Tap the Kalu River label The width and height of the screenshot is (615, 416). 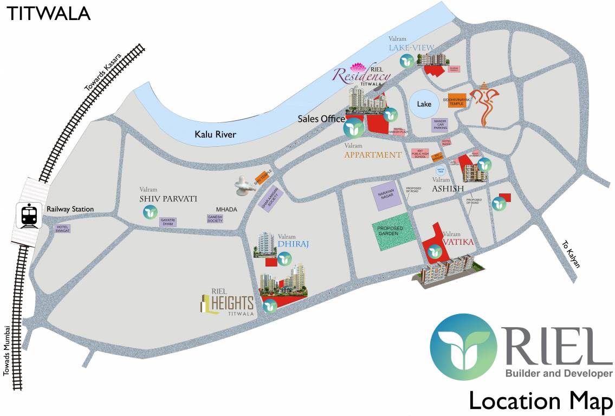(x=215, y=134)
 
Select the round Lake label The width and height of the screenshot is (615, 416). (x=424, y=104)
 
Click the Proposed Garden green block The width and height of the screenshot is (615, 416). (x=393, y=236)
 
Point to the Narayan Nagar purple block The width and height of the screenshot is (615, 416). (x=386, y=195)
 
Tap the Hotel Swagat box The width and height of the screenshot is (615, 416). (x=63, y=229)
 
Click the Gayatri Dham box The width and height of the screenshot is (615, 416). (x=167, y=222)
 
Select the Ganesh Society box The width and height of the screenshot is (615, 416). (x=215, y=219)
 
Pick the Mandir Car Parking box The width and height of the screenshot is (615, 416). (x=440, y=125)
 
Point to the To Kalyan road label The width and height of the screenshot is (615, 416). (x=571, y=254)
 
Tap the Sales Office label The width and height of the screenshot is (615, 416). (x=321, y=119)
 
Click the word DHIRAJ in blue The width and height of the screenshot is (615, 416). (x=293, y=244)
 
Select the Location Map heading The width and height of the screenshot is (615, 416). (x=540, y=401)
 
